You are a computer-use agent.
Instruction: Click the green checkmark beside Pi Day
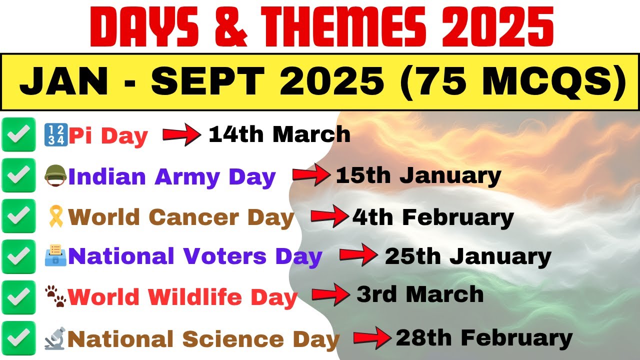19,134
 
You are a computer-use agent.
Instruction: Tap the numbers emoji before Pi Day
55,135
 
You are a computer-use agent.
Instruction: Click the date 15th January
418,176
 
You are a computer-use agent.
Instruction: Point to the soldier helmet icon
55,176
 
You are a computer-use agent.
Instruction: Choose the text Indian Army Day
172,177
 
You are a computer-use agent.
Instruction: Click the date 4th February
433,217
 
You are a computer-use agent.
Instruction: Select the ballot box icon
55,256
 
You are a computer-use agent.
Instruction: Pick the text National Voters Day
195,256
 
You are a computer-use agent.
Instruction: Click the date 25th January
467,256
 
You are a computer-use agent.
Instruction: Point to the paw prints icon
56,296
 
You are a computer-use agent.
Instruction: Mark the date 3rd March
420,294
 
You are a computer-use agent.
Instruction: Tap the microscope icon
55,338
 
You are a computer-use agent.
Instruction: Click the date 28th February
484,338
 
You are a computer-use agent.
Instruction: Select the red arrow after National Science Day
372,338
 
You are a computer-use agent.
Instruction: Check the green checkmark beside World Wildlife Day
19,297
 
